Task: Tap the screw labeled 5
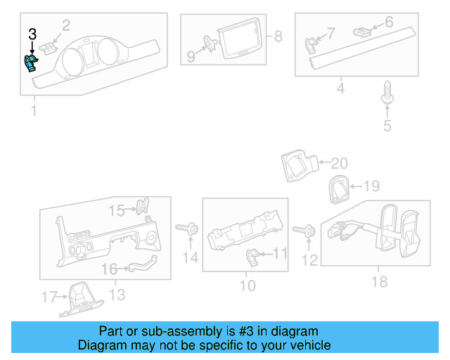386,94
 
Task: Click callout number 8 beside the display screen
277,36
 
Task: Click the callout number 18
380,282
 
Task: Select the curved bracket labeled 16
141,266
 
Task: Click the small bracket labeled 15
142,207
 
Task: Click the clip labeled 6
362,30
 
